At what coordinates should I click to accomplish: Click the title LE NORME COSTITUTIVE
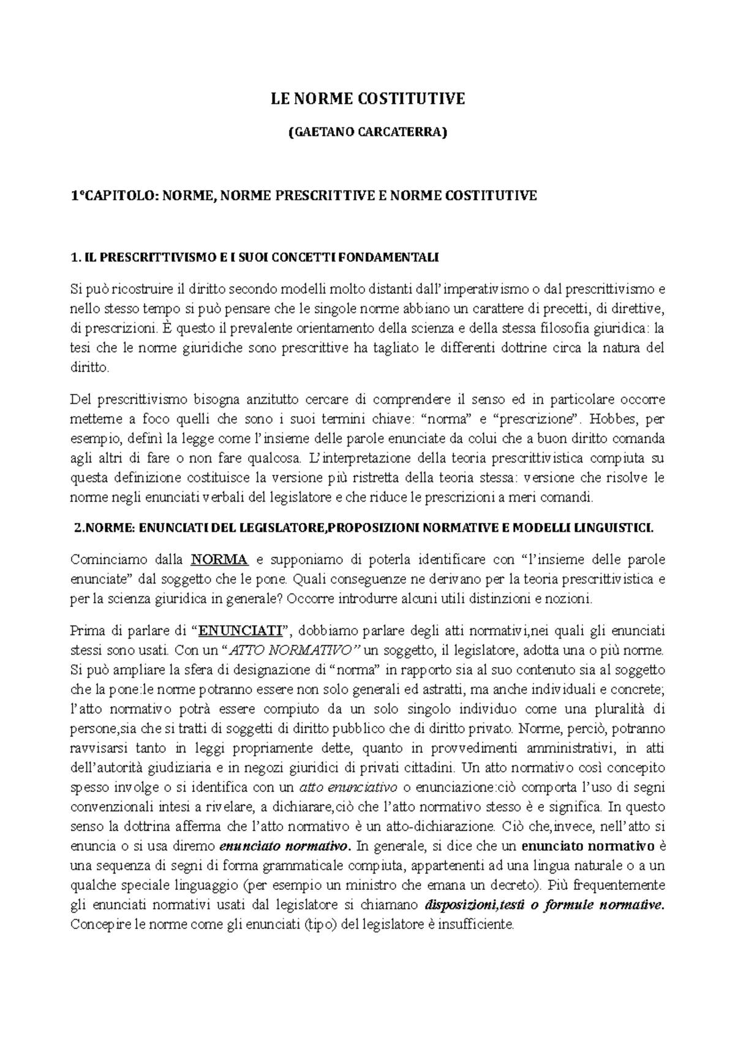[x=368, y=99]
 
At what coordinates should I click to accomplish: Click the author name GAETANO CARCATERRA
[x=368, y=132]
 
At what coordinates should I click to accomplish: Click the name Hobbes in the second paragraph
[x=618, y=420]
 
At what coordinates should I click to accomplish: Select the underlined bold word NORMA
[x=220, y=559]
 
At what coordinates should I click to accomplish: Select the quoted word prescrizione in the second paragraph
[x=537, y=420]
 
